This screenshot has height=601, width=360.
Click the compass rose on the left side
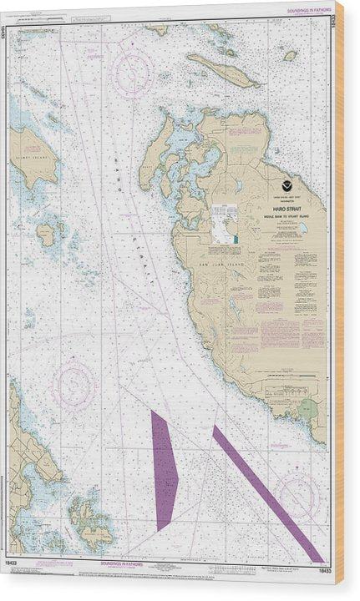click(x=73, y=387)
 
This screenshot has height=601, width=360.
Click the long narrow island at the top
click(x=222, y=71)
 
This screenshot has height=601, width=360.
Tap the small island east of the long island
click(x=290, y=56)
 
